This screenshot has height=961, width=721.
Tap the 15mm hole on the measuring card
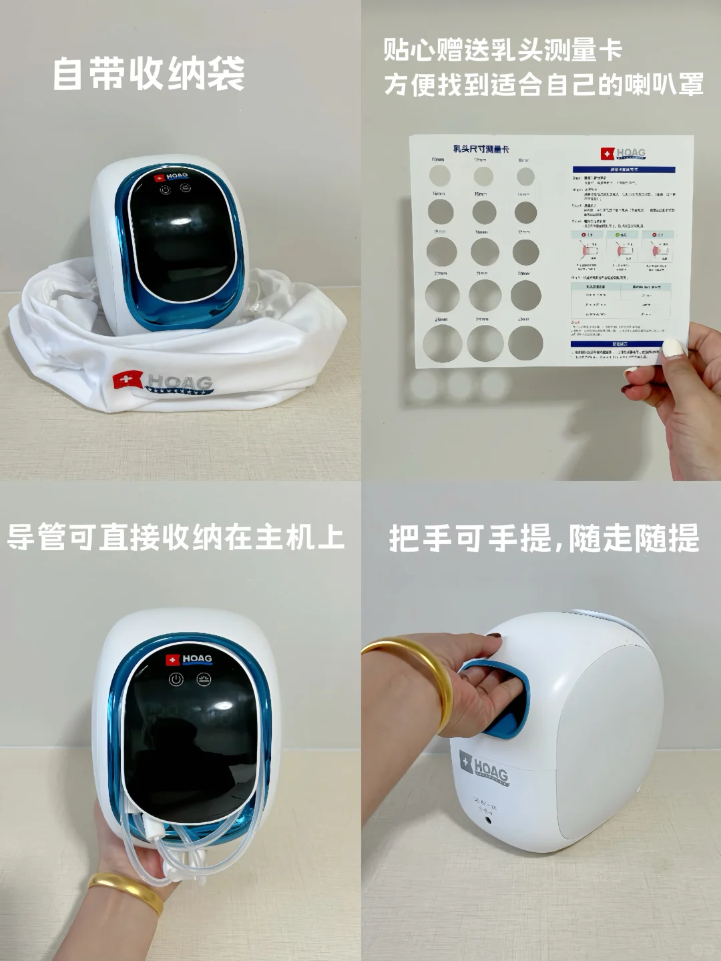[x=484, y=212]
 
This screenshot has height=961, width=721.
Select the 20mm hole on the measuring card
[x=526, y=295]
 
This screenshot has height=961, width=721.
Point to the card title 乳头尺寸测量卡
[x=481, y=149]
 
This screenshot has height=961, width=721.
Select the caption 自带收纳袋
[x=149, y=73]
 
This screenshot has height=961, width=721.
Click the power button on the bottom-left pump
[x=176, y=679]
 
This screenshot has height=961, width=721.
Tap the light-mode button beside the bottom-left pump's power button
[x=204, y=679]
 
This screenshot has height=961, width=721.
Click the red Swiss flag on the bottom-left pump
[x=172, y=659]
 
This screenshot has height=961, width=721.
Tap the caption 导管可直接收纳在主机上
[x=176, y=538]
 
